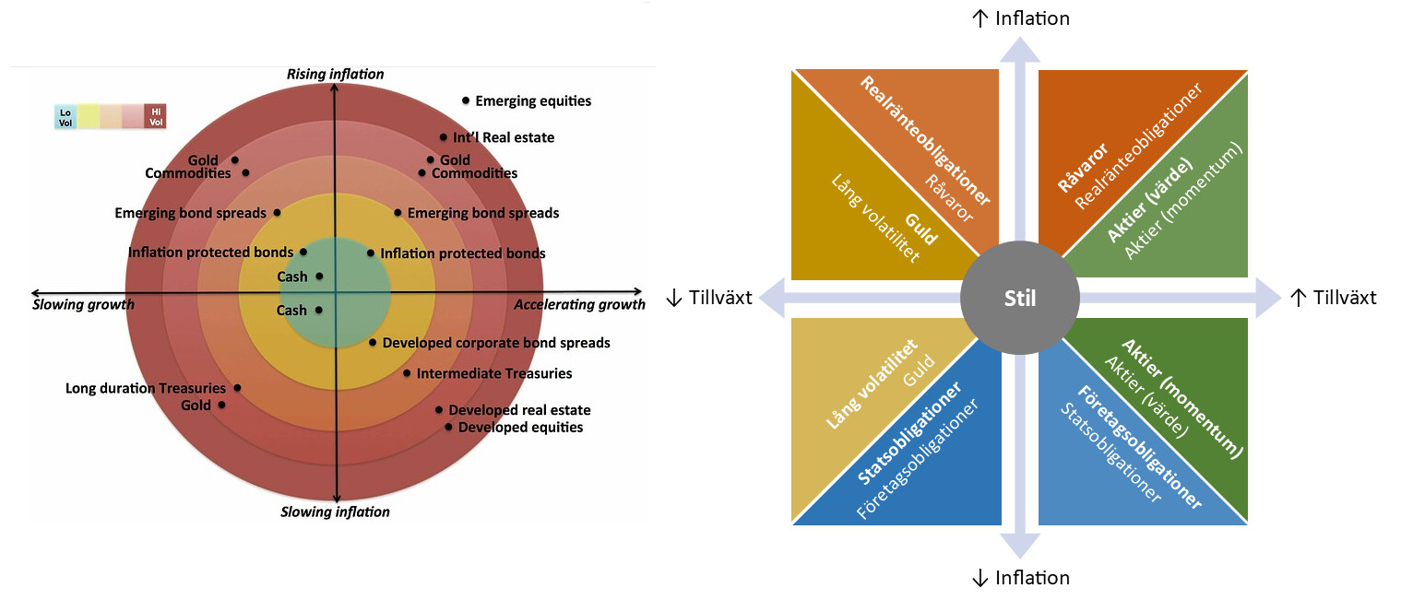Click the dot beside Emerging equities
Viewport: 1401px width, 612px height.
click(x=466, y=100)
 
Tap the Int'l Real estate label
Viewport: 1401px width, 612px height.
click(x=504, y=137)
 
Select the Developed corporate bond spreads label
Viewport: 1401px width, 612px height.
click(x=496, y=343)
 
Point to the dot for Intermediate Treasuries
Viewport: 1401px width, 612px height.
click(x=407, y=373)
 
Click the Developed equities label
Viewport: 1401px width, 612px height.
click(x=520, y=428)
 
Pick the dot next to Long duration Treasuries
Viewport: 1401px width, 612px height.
click(x=237, y=388)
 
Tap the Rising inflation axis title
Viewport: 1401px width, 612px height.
click(x=335, y=74)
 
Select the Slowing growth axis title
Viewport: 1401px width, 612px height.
click(x=83, y=305)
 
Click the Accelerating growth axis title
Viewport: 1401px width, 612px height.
click(x=579, y=305)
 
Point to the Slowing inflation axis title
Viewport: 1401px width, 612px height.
click(x=335, y=512)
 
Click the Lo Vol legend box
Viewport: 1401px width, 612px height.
click(x=65, y=117)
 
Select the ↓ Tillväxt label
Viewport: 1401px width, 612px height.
click(x=708, y=298)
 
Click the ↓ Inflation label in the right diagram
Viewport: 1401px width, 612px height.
click(x=1020, y=579)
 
